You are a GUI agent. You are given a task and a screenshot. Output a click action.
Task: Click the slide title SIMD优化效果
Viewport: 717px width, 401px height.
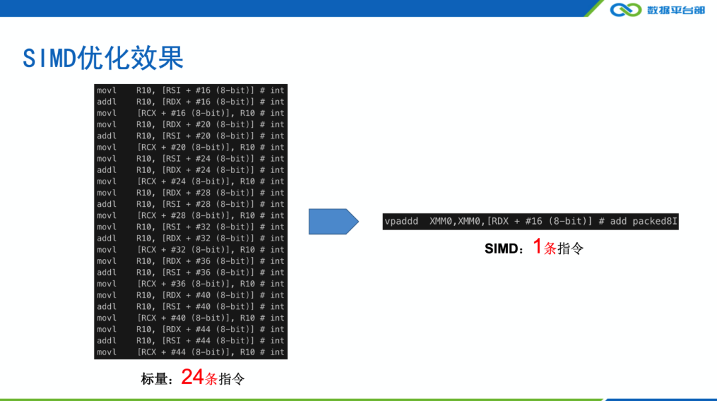103,58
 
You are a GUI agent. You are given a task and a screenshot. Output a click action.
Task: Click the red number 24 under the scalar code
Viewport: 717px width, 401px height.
193,377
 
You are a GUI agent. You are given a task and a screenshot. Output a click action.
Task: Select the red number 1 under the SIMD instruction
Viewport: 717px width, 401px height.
538,247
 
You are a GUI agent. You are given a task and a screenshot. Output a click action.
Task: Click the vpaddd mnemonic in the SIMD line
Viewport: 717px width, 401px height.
401,221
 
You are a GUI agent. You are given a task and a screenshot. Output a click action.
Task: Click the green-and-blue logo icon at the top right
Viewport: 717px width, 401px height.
625,9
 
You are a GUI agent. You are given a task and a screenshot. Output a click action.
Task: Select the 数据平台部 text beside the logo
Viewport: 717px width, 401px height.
676,9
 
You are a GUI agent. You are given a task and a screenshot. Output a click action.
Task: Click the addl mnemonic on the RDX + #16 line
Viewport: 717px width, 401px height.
106,102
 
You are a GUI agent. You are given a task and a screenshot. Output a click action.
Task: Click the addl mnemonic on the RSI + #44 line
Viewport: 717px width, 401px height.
106,341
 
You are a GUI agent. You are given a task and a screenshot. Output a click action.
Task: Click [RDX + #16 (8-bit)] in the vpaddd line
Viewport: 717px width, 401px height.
539,221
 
